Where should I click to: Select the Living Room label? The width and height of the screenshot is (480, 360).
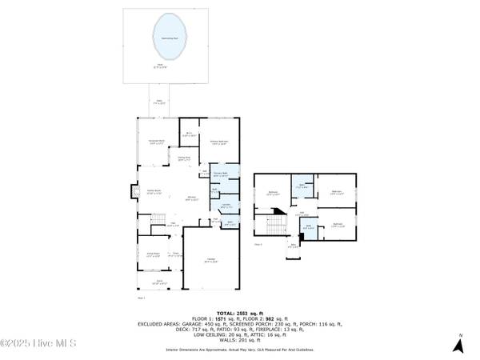[x=154, y=193]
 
